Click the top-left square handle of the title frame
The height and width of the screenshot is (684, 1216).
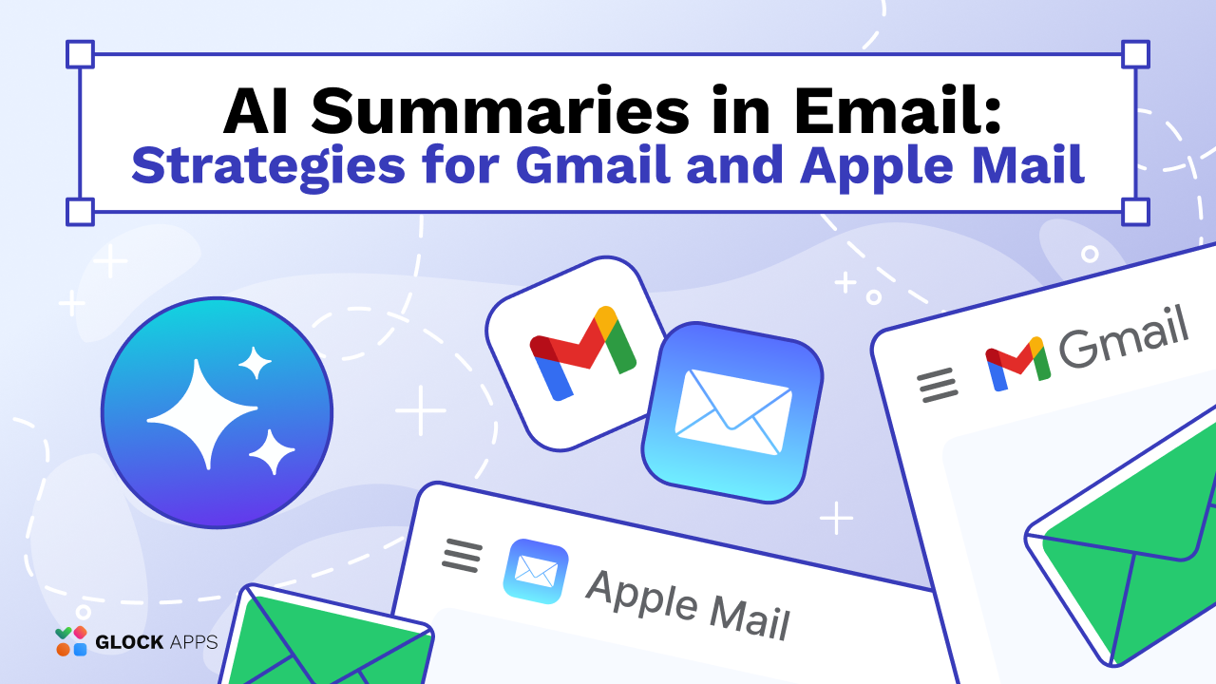(80, 54)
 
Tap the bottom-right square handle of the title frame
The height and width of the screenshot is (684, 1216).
(1135, 211)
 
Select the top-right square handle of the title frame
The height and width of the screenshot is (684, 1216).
(1135, 54)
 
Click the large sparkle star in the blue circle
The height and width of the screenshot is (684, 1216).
(202, 413)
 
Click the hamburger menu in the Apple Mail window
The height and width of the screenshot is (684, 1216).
(463, 555)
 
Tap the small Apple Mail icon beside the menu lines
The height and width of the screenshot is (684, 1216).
(536, 571)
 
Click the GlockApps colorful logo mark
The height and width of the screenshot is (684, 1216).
(71, 641)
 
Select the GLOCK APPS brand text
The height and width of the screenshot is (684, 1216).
(156, 642)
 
